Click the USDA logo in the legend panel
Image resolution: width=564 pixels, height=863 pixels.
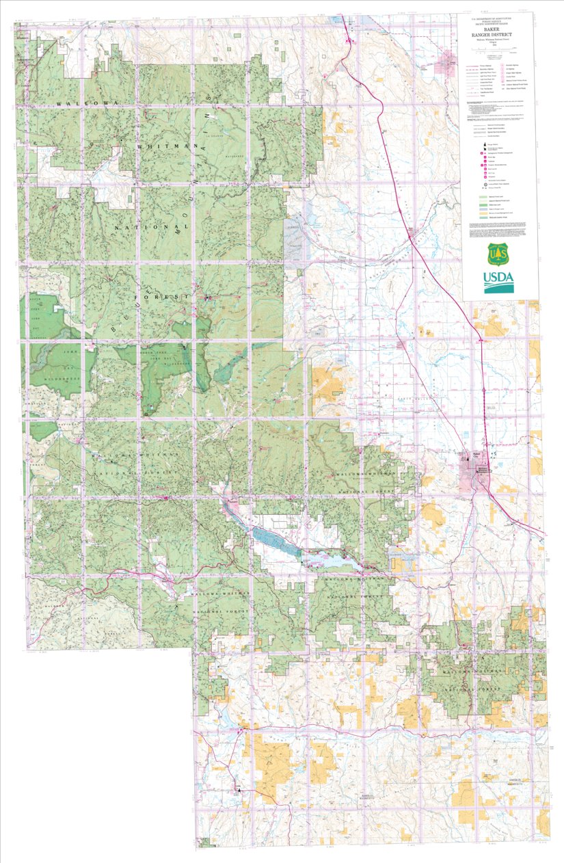pos(499,281)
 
